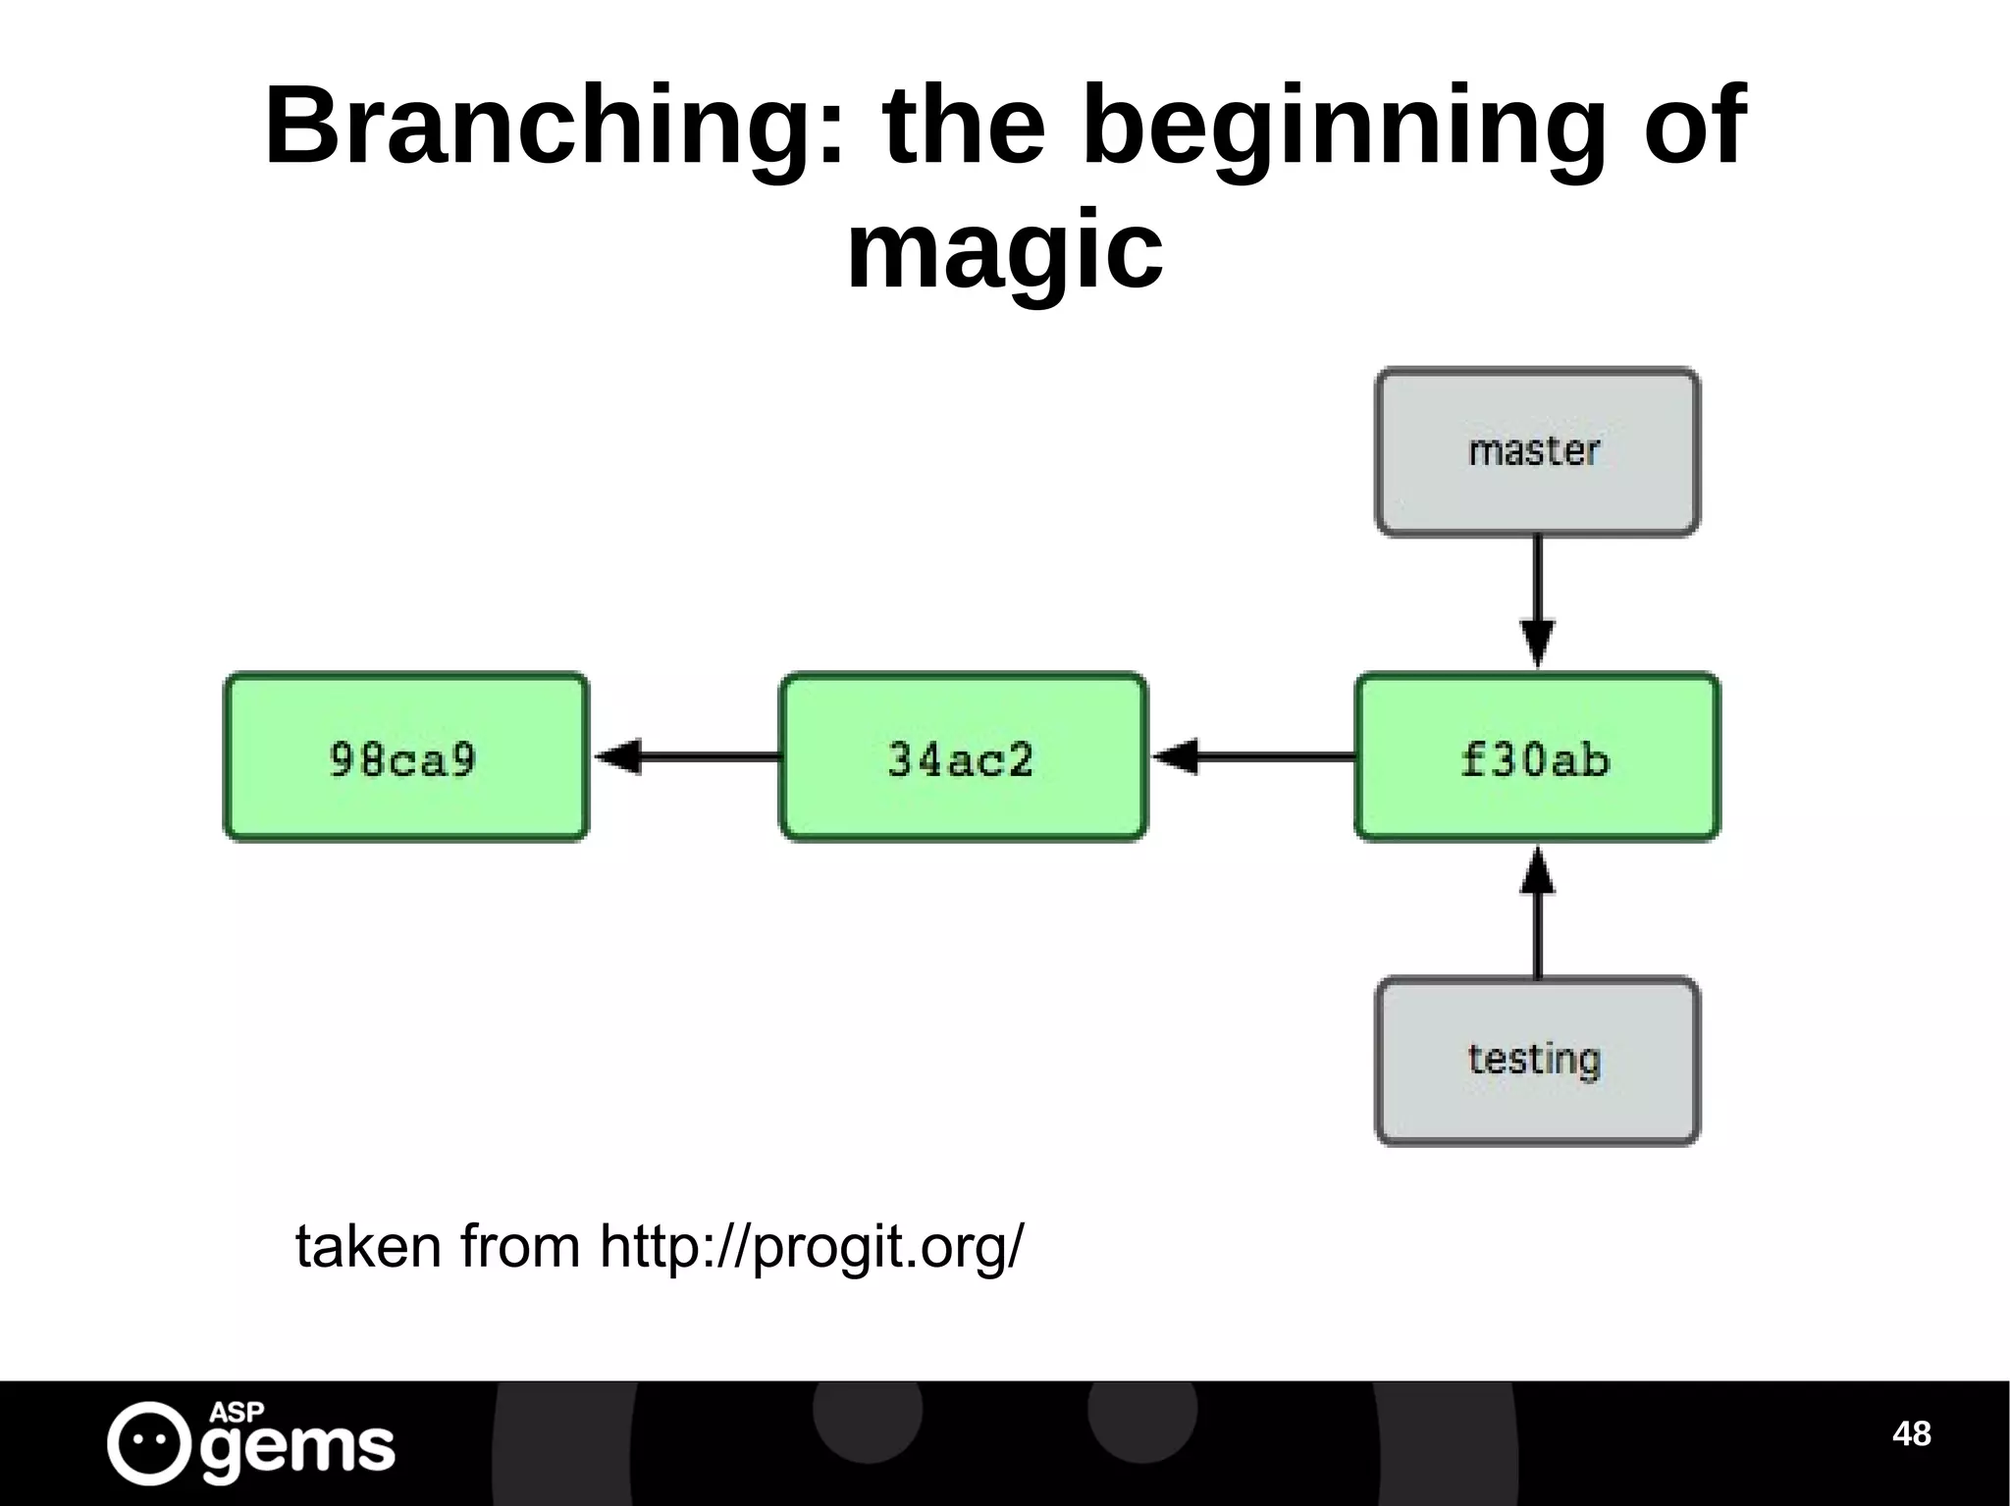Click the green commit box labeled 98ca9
[x=405, y=756]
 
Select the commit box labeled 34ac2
[x=962, y=756]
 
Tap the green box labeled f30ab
[x=1536, y=756]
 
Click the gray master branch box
[x=1536, y=452]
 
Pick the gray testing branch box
[x=1536, y=1061]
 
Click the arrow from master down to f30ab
[x=1536, y=600]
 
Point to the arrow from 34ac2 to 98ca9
[x=687, y=756]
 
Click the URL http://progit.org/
[x=811, y=1247]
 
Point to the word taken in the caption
[x=368, y=1247]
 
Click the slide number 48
[x=1911, y=1433]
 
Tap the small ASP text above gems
[x=237, y=1412]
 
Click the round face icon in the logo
[x=148, y=1442]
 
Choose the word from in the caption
[x=520, y=1247]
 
